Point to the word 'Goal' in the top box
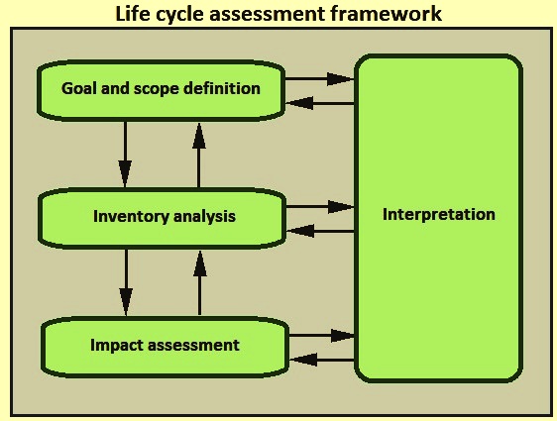(x=79, y=88)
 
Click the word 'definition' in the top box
(x=222, y=88)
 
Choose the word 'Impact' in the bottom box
(x=115, y=345)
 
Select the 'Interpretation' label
(x=439, y=214)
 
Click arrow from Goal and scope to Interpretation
(x=319, y=79)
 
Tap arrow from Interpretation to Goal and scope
(x=320, y=103)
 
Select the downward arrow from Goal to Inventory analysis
(x=125, y=155)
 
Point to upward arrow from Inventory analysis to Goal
(x=199, y=156)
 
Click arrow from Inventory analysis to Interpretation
(x=320, y=207)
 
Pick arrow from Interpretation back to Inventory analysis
(x=320, y=231)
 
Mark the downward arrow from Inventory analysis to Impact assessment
(x=126, y=282)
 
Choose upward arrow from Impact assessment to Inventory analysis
(x=200, y=283)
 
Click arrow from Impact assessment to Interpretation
(x=322, y=335)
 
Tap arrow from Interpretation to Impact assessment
(x=322, y=360)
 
